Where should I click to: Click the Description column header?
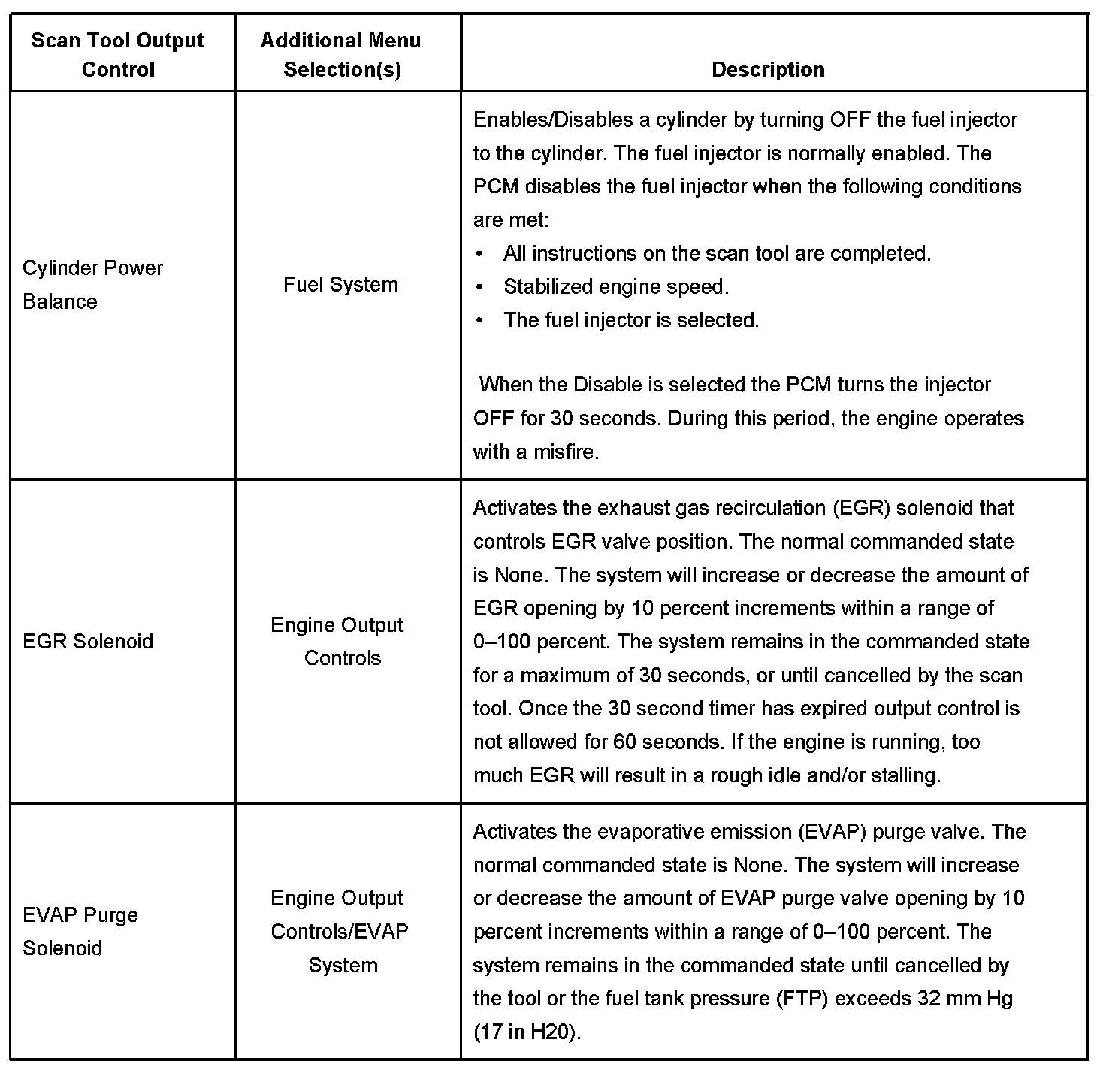pyautogui.click(x=768, y=70)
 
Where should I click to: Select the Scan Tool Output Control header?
pyautogui.click(x=118, y=55)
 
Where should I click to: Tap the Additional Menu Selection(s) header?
pyautogui.click(x=341, y=55)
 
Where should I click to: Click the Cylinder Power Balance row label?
pyautogui.click(x=92, y=285)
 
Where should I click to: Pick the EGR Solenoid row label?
pyautogui.click(x=88, y=642)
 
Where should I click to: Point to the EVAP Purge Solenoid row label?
pyautogui.click(x=80, y=932)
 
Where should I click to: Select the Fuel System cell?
pyautogui.click(x=340, y=285)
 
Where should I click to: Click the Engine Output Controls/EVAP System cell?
pyautogui.click(x=340, y=932)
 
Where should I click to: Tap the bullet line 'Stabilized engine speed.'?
pyautogui.click(x=616, y=287)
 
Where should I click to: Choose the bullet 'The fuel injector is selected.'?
pyautogui.click(x=631, y=320)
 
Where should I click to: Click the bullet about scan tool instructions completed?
pyautogui.click(x=717, y=254)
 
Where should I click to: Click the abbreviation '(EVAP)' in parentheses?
pyautogui.click(x=829, y=833)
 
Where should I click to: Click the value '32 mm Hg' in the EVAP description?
pyautogui.click(x=965, y=999)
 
